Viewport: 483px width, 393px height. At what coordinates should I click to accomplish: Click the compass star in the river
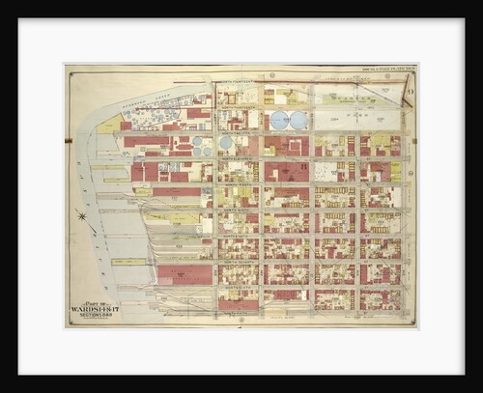(83, 215)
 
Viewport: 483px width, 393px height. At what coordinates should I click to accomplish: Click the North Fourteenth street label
(239, 84)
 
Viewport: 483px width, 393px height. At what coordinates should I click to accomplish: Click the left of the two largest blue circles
(279, 121)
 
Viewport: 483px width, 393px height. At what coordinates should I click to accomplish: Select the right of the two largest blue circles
(299, 121)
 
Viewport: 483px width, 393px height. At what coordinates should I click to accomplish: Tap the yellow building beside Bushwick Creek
(108, 124)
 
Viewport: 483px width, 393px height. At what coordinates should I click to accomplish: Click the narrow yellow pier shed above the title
(128, 262)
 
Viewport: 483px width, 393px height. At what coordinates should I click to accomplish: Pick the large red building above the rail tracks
(184, 274)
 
